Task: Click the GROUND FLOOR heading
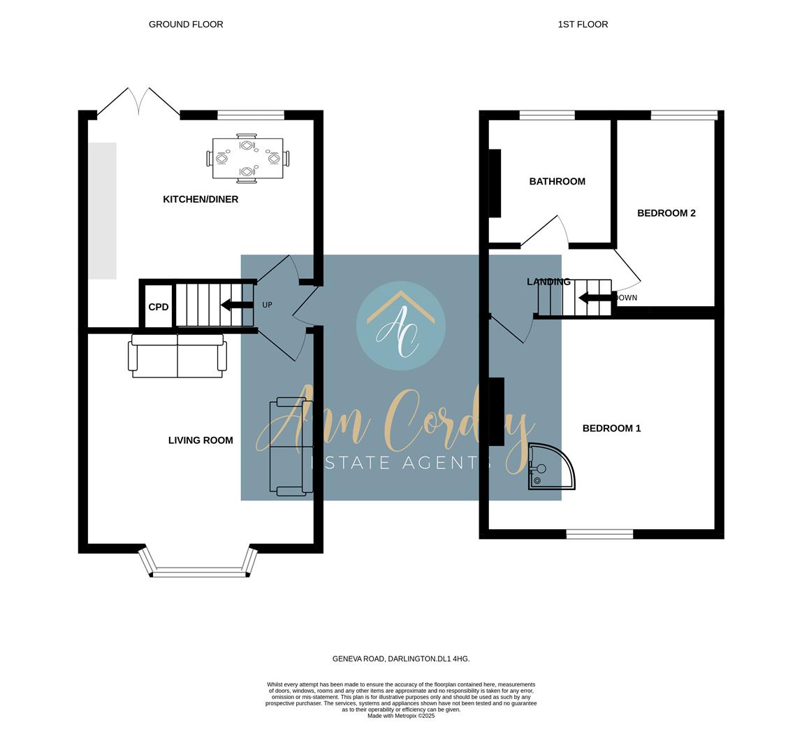pyautogui.click(x=186, y=24)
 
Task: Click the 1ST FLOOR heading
pyautogui.click(x=583, y=24)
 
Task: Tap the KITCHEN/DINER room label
pyautogui.click(x=200, y=199)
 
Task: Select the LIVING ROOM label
pyautogui.click(x=200, y=440)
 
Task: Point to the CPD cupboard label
pyautogui.click(x=159, y=307)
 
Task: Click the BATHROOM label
pyautogui.click(x=557, y=182)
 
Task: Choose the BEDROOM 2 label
pyautogui.click(x=666, y=213)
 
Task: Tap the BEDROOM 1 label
pyautogui.click(x=611, y=429)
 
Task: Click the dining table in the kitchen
pyautogui.click(x=248, y=159)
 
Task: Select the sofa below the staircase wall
pyautogui.click(x=177, y=357)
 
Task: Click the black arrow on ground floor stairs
pyautogui.click(x=237, y=305)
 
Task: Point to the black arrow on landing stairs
pyautogui.click(x=595, y=298)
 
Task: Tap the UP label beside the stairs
pyautogui.click(x=268, y=305)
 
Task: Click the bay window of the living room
pyautogui.click(x=198, y=572)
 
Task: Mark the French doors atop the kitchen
pyautogui.click(x=138, y=101)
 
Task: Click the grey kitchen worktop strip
pyautogui.click(x=102, y=210)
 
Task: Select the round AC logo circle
pyautogui.click(x=400, y=326)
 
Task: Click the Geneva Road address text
pyautogui.click(x=400, y=659)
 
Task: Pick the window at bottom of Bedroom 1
pyautogui.click(x=599, y=534)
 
